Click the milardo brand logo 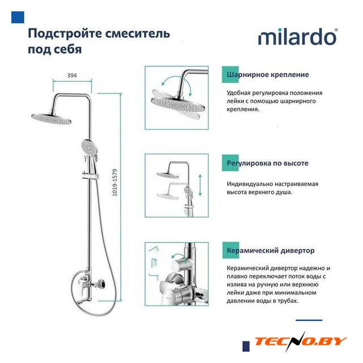(298, 37)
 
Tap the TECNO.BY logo (301, 341)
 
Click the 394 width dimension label (72, 75)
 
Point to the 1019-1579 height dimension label (115, 183)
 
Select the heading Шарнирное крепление (268, 74)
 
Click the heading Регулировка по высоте (267, 163)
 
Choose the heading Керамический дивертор (271, 251)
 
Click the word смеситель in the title (138, 33)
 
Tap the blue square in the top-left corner (18, 18)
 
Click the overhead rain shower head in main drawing (51, 119)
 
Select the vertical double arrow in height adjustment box (200, 185)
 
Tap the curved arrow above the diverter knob (179, 256)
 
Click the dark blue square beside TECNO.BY (246, 346)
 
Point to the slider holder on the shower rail (90, 176)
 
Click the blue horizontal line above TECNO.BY (309, 320)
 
